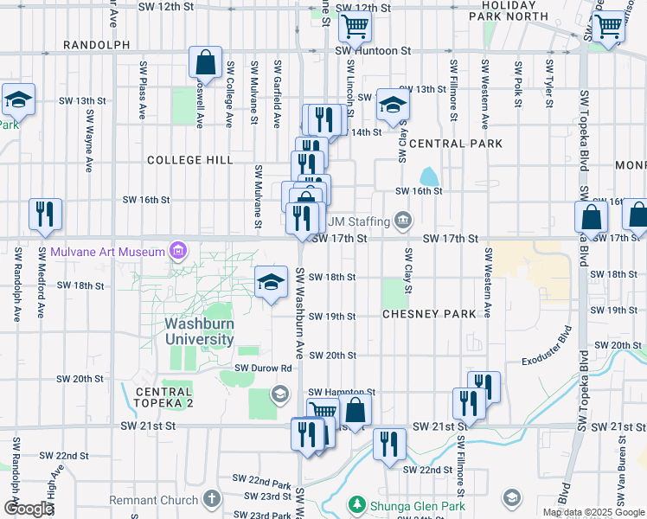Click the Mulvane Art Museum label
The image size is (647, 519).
(x=107, y=252)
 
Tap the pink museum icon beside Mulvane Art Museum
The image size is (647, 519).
(x=178, y=252)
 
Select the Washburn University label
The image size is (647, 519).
(x=199, y=331)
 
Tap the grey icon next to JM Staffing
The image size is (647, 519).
(x=402, y=222)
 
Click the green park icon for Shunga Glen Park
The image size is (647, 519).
(x=355, y=503)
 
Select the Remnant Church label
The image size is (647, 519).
(x=154, y=500)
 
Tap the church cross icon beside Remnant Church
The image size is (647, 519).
(x=212, y=499)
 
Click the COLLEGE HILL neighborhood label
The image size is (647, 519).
(x=189, y=160)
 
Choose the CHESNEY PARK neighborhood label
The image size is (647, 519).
(x=429, y=314)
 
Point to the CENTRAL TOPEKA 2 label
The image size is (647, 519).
(x=175, y=392)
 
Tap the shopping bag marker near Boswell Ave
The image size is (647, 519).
(x=205, y=62)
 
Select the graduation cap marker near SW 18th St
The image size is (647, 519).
(x=271, y=281)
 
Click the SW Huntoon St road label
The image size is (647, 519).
(x=373, y=51)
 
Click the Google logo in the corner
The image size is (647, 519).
(x=28, y=509)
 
